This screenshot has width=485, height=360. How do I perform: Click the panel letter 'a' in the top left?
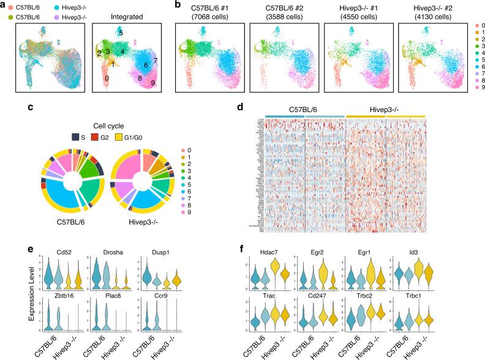pos(4,4)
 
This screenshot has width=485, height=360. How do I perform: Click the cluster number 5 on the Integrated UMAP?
pos(121,32)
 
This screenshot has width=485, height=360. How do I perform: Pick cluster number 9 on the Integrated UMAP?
pos(152,83)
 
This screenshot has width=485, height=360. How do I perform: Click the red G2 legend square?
pos(86,129)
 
